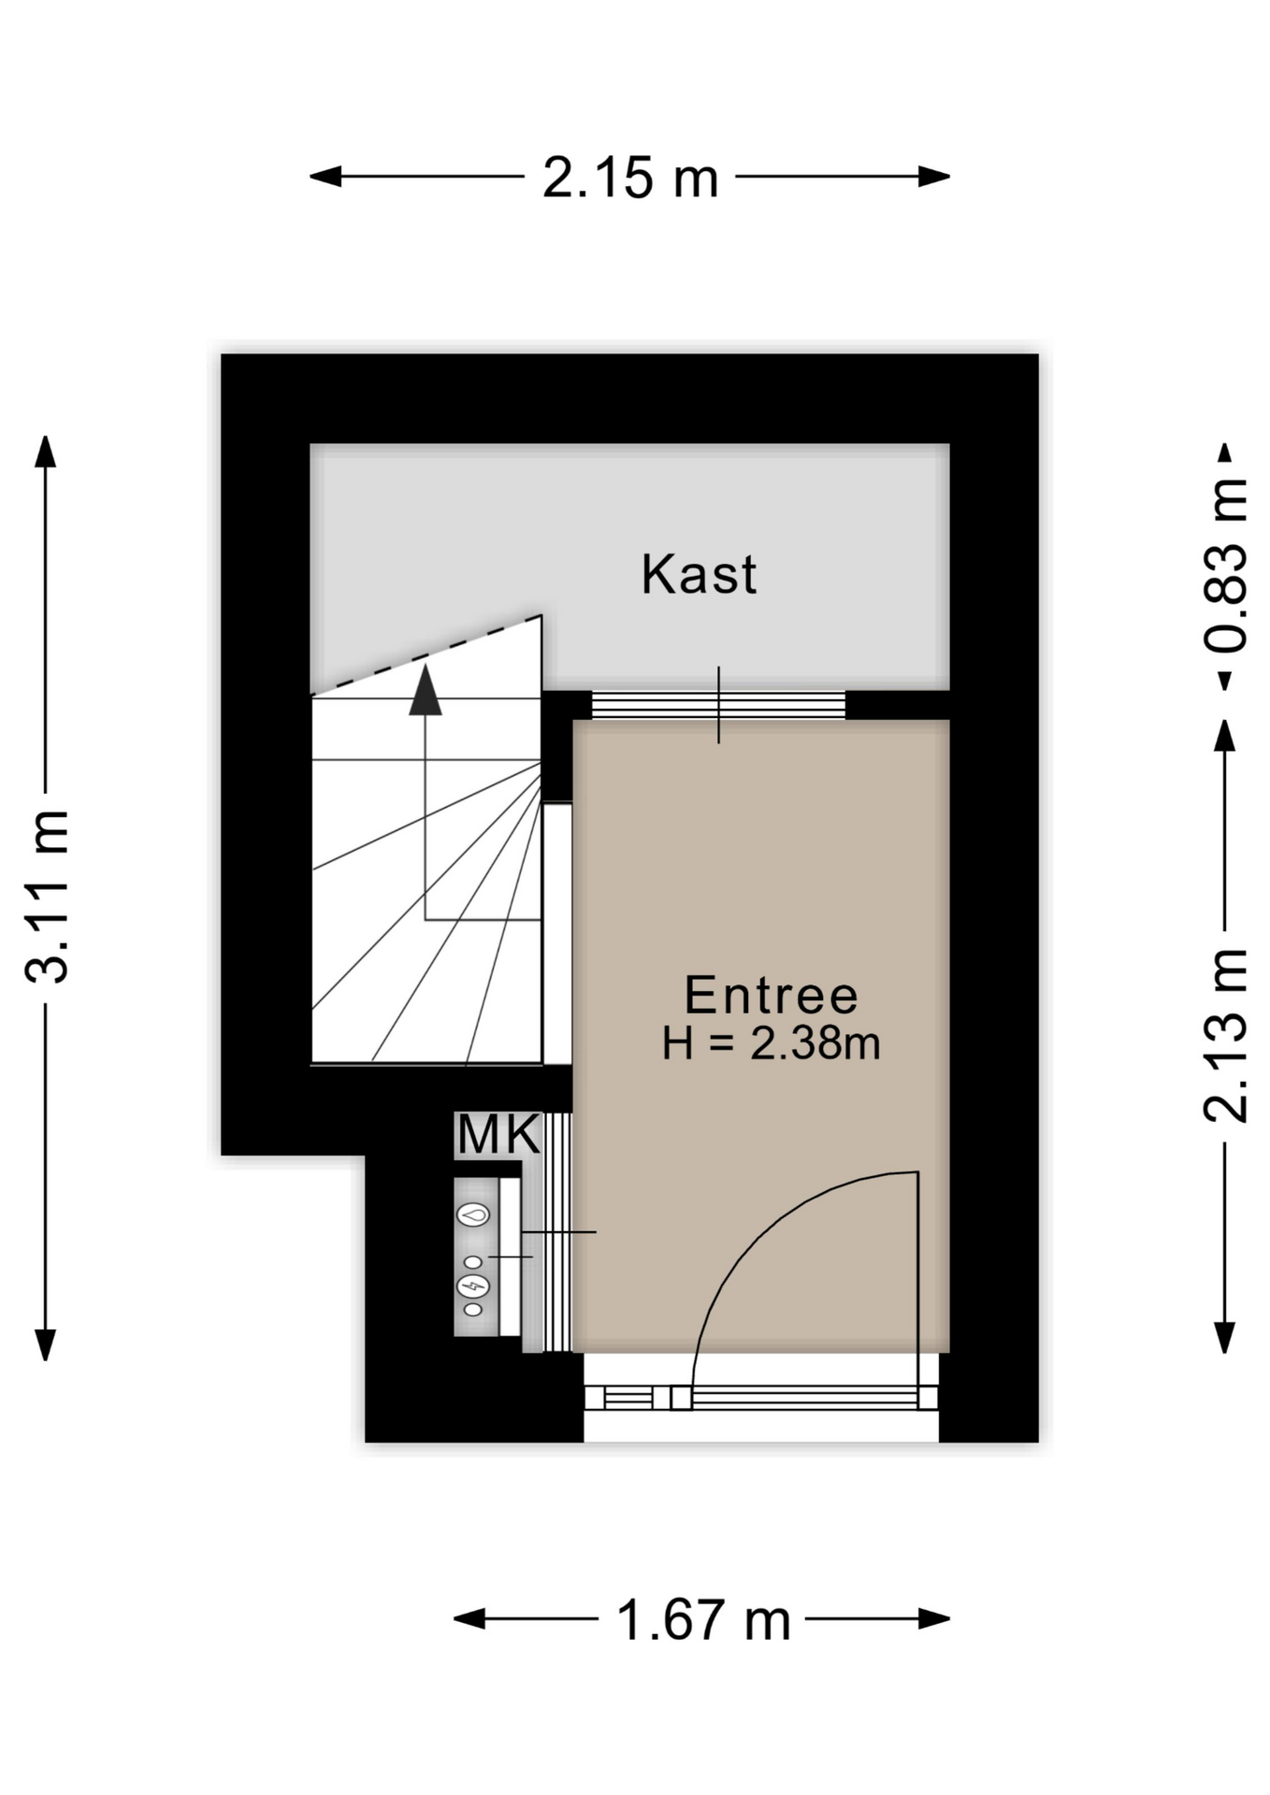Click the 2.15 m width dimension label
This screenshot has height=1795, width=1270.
(x=630, y=178)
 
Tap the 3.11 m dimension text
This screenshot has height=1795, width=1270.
(x=48, y=897)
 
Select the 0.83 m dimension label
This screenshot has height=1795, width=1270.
(x=1225, y=566)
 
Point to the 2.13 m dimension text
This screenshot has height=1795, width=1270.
(x=1225, y=1035)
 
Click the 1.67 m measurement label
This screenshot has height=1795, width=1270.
(x=703, y=1620)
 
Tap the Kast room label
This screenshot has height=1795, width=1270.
(x=699, y=574)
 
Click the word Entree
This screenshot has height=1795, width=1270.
(x=771, y=995)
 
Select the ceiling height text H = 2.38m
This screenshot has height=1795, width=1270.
(x=771, y=1043)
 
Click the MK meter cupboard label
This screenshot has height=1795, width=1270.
(x=498, y=1135)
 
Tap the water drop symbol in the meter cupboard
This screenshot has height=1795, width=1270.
(x=473, y=1215)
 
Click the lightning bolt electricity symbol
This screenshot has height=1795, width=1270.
(x=473, y=1286)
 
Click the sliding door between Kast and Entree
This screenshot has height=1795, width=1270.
(x=718, y=704)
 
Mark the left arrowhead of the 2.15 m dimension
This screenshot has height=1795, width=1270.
(x=325, y=177)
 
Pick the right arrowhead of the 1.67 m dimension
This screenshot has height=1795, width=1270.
(x=934, y=1619)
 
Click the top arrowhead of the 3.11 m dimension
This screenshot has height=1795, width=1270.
(x=45, y=452)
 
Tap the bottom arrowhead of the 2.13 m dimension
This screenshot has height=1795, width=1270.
(x=1224, y=1338)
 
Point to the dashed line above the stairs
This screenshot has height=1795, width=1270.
(x=426, y=654)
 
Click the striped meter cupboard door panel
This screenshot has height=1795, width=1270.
(x=557, y=1231)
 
